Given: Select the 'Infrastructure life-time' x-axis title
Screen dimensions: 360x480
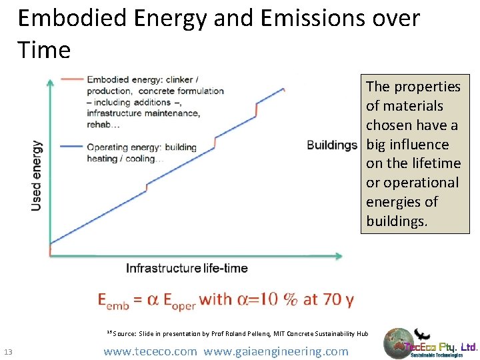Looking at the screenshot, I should tap(187, 269).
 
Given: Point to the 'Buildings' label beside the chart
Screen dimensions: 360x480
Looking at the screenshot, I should tap(332, 145).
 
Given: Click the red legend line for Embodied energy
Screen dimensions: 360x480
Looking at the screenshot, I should tap(71, 79).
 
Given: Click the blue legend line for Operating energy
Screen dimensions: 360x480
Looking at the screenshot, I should tap(71, 147).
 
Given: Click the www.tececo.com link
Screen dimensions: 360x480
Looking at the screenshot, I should tap(151, 351).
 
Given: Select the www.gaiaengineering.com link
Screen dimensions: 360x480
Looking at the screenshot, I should tap(276, 351).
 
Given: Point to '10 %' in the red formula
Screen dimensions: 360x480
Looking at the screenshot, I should tap(279, 299).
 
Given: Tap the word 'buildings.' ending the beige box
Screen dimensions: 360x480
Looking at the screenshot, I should tap(397, 221).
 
